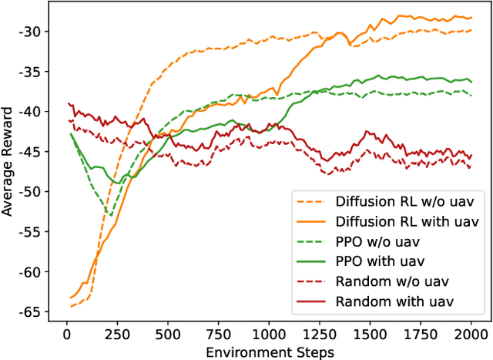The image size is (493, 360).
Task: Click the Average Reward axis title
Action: point(8,169)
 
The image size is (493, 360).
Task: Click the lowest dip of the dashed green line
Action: point(111,216)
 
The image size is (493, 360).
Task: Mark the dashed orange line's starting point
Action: point(71,306)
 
